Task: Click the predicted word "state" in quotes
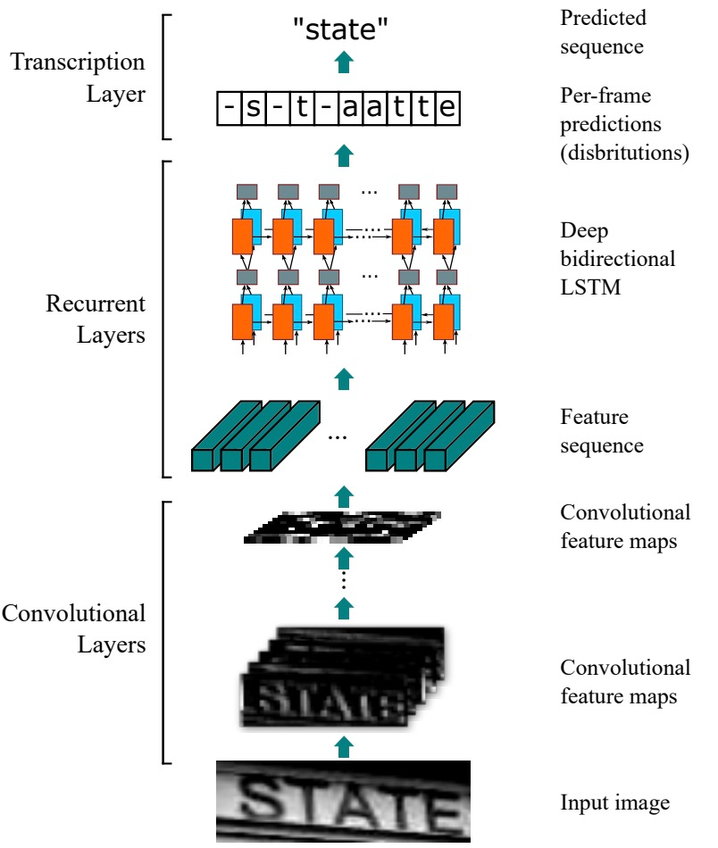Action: click(x=340, y=29)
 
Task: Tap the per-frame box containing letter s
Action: click(x=253, y=109)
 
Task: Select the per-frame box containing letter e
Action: click(x=447, y=109)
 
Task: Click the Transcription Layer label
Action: click(x=78, y=78)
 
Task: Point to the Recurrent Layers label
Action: click(x=96, y=319)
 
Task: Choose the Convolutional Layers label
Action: click(x=73, y=629)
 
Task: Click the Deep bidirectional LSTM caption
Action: click(x=617, y=259)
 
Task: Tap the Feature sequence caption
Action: click(x=602, y=431)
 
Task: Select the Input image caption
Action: click(x=614, y=802)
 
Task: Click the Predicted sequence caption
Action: click(x=603, y=32)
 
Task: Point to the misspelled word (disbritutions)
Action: click(x=624, y=153)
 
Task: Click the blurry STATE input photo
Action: click(x=343, y=802)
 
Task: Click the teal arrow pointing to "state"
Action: click(x=344, y=62)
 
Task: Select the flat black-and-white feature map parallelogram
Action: click(x=342, y=528)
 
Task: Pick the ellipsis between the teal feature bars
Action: click(x=338, y=437)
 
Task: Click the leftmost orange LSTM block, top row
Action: click(x=242, y=237)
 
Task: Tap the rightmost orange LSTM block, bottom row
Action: click(x=444, y=321)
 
